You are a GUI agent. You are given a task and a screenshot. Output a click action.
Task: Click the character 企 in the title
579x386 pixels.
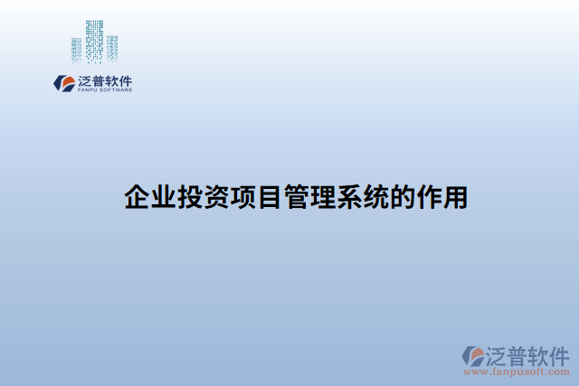[x=137, y=196]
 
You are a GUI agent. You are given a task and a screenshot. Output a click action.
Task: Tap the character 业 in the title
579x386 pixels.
[x=164, y=196]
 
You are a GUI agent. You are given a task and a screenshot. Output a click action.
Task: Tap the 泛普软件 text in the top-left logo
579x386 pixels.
[x=106, y=80]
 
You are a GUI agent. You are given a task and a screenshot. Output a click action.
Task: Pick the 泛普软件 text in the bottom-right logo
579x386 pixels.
[x=529, y=353]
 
